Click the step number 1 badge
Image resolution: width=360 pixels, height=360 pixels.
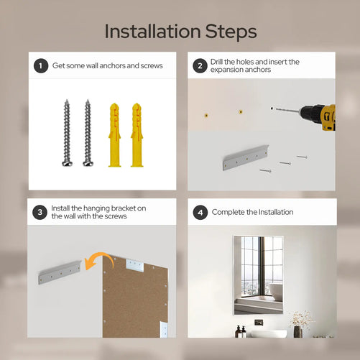(41, 65)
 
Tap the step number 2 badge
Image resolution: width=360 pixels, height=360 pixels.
(200, 65)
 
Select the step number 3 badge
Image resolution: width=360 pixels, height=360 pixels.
(40, 212)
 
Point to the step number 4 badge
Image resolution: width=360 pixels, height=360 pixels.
(200, 212)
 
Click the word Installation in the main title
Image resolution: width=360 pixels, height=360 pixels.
(152, 32)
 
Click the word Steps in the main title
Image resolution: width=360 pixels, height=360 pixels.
(231, 32)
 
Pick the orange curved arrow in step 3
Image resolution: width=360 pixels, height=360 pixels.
(98, 261)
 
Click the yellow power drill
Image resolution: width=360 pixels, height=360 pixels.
(318, 117)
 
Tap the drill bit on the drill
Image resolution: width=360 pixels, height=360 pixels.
(287, 110)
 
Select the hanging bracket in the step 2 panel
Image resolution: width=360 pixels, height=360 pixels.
(246, 157)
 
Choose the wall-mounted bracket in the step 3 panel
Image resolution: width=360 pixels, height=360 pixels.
(60, 272)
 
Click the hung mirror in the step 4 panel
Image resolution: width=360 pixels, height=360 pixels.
(258, 275)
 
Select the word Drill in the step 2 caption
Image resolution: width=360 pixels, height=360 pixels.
(216, 62)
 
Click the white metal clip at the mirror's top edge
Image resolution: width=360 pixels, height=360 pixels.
(135, 265)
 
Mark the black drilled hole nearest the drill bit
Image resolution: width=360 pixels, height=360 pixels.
(272, 109)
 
